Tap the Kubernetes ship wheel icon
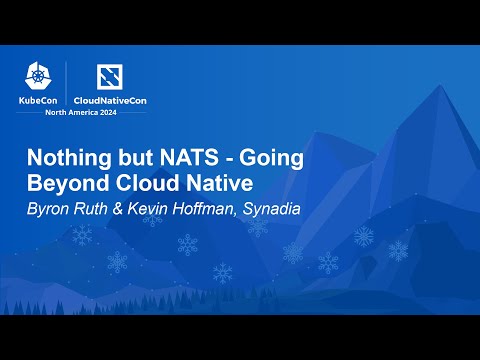[x=39, y=77]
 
